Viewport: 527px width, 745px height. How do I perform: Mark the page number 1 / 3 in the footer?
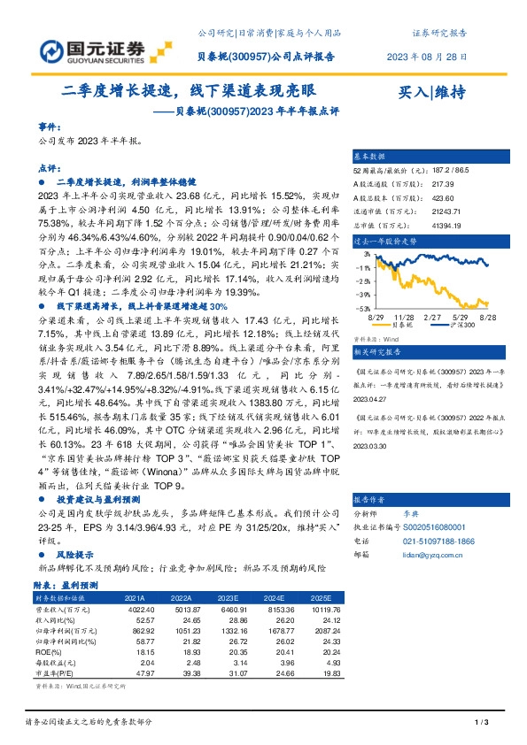tap(482, 724)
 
